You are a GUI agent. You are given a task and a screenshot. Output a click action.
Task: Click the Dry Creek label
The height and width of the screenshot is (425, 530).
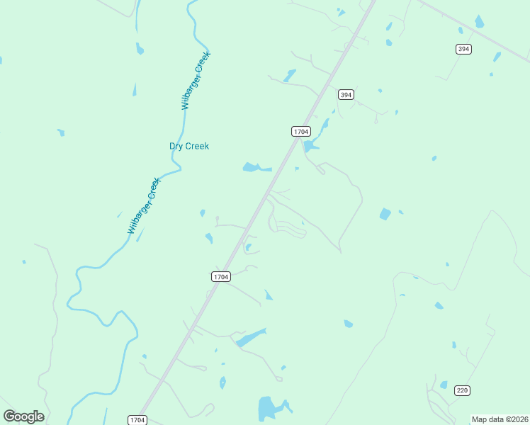(189, 147)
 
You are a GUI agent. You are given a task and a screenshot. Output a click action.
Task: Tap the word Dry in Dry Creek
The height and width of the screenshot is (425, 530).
(176, 147)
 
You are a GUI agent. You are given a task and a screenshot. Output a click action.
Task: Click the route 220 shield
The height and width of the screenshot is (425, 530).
(462, 390)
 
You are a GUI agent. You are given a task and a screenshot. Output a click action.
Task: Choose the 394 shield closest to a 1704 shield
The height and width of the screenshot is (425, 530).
(345, 94)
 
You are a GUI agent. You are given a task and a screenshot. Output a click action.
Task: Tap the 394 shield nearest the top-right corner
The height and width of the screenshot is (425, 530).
(463, 49)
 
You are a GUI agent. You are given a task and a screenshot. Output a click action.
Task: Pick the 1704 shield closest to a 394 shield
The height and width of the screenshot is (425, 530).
(300, 131)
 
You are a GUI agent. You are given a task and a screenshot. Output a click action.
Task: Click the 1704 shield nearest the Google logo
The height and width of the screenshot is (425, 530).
(137, 420)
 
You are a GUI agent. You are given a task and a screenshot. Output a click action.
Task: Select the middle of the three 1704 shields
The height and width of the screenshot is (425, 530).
(220, 276)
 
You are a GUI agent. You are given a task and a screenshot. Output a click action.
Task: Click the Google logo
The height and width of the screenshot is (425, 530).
(24, 416)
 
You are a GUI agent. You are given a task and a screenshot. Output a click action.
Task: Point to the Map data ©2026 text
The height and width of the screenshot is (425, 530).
(500, 419)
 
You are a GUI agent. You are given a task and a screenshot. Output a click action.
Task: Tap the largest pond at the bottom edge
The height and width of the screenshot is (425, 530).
(267, 409)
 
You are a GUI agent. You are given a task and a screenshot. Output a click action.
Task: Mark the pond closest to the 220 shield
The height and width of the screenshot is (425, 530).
(444, 385)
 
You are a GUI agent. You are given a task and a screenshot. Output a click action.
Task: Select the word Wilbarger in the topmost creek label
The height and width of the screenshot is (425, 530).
(191, 89)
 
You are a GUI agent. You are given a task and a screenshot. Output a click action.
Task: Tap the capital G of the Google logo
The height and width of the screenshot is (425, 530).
(10, 416)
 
